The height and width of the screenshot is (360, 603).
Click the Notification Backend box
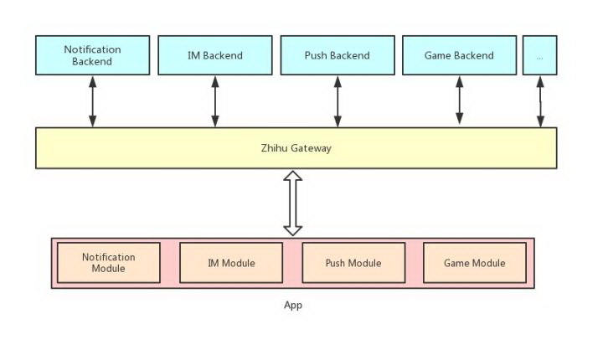(x=92, y=55)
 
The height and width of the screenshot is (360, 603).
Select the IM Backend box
(x=215, y=55)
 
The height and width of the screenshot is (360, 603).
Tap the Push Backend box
(x=338, y=55)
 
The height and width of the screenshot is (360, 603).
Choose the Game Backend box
(x=459, y=55)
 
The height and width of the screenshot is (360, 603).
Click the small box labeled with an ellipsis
(x=539, y=55)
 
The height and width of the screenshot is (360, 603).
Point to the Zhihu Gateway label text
(x=296, y=148)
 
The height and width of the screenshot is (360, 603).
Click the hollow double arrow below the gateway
(x=292, y=203)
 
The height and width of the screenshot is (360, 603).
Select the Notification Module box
(x=108, y=263)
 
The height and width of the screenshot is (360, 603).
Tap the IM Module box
(x=231, y=263)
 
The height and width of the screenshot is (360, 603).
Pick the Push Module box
(x=353, y=263)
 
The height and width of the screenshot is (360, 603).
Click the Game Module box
(x=475, y=263)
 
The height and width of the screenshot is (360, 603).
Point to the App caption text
(x=293, y=305)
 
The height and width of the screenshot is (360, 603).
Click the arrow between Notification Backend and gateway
(x=92, y=101)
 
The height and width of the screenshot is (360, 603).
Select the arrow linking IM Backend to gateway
(x=215, y=101)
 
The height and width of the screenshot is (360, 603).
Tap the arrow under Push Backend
(x=338, y=101)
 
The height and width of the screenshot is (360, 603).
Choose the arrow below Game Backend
(x=459, y=100)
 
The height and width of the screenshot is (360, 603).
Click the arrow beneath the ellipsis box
(x=540, y=101)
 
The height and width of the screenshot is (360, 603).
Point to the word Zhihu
(x=274, y=148)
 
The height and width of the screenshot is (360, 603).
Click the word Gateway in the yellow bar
(x=311, y=149)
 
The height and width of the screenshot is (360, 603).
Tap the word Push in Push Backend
(x=315, y=55)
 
